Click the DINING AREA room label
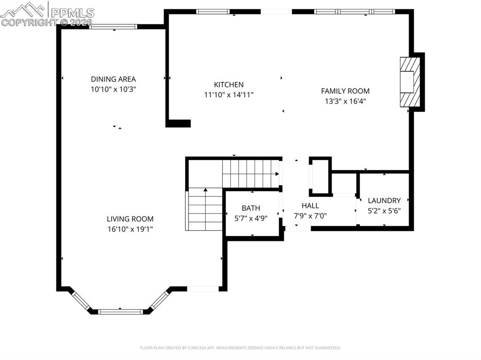coord(113,79)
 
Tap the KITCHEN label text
coord(229,84)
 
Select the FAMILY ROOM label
coord(345,91)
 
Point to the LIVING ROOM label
coord(130,219)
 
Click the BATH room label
coord(251,208)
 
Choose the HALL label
coord(310,206)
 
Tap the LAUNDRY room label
coord(384,200)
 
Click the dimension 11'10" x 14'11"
coord(229,95)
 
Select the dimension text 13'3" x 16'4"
coord(345,101)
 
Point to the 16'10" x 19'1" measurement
coord(130,229)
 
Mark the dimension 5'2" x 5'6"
coord(384,211)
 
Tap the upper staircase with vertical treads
coord(250,173)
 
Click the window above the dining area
coord(113,27)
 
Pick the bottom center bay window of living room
coord(120,311)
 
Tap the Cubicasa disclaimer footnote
coord(240,348)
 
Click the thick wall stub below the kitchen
coord(178,123)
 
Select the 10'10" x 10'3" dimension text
coord(113,89)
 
